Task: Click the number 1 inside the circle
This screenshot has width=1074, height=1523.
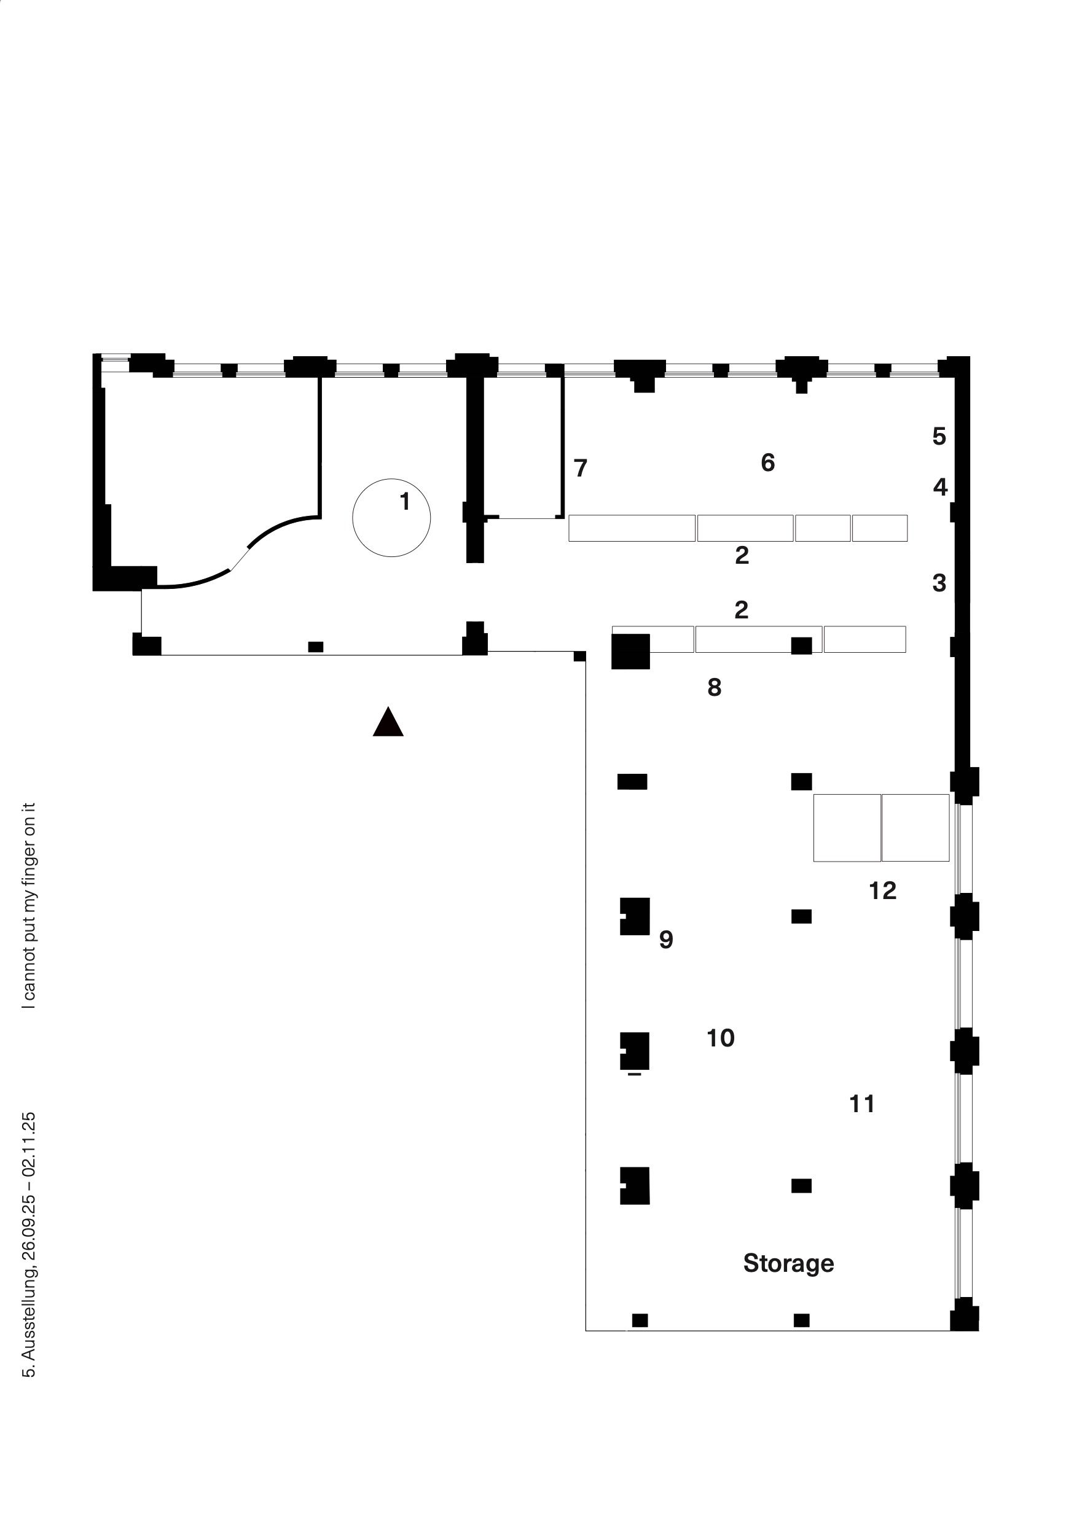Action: (x=405, y=502)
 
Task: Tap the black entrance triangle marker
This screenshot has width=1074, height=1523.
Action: (x=388, y=722)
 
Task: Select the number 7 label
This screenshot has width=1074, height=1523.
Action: (x=581, y=469)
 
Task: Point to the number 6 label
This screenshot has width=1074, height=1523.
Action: (x=767, y=462)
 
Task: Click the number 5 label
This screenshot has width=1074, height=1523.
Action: (x=939, y=437)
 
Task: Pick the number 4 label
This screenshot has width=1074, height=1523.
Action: (x=940, y=488)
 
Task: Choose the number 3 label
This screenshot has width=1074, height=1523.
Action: (x=939, y=583)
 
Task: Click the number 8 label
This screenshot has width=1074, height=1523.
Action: (x=714, y=688)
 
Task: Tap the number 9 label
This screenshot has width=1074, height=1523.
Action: (x=666, y=940)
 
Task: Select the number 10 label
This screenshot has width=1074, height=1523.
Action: (x=720, y=1038)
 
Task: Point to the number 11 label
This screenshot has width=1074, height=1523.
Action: (x=861, y=1104)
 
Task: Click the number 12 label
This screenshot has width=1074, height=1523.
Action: (x=882, y=891)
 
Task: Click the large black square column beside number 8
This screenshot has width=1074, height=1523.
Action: (x=630, y=652)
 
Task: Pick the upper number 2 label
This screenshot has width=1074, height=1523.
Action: (x=742, y=555)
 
